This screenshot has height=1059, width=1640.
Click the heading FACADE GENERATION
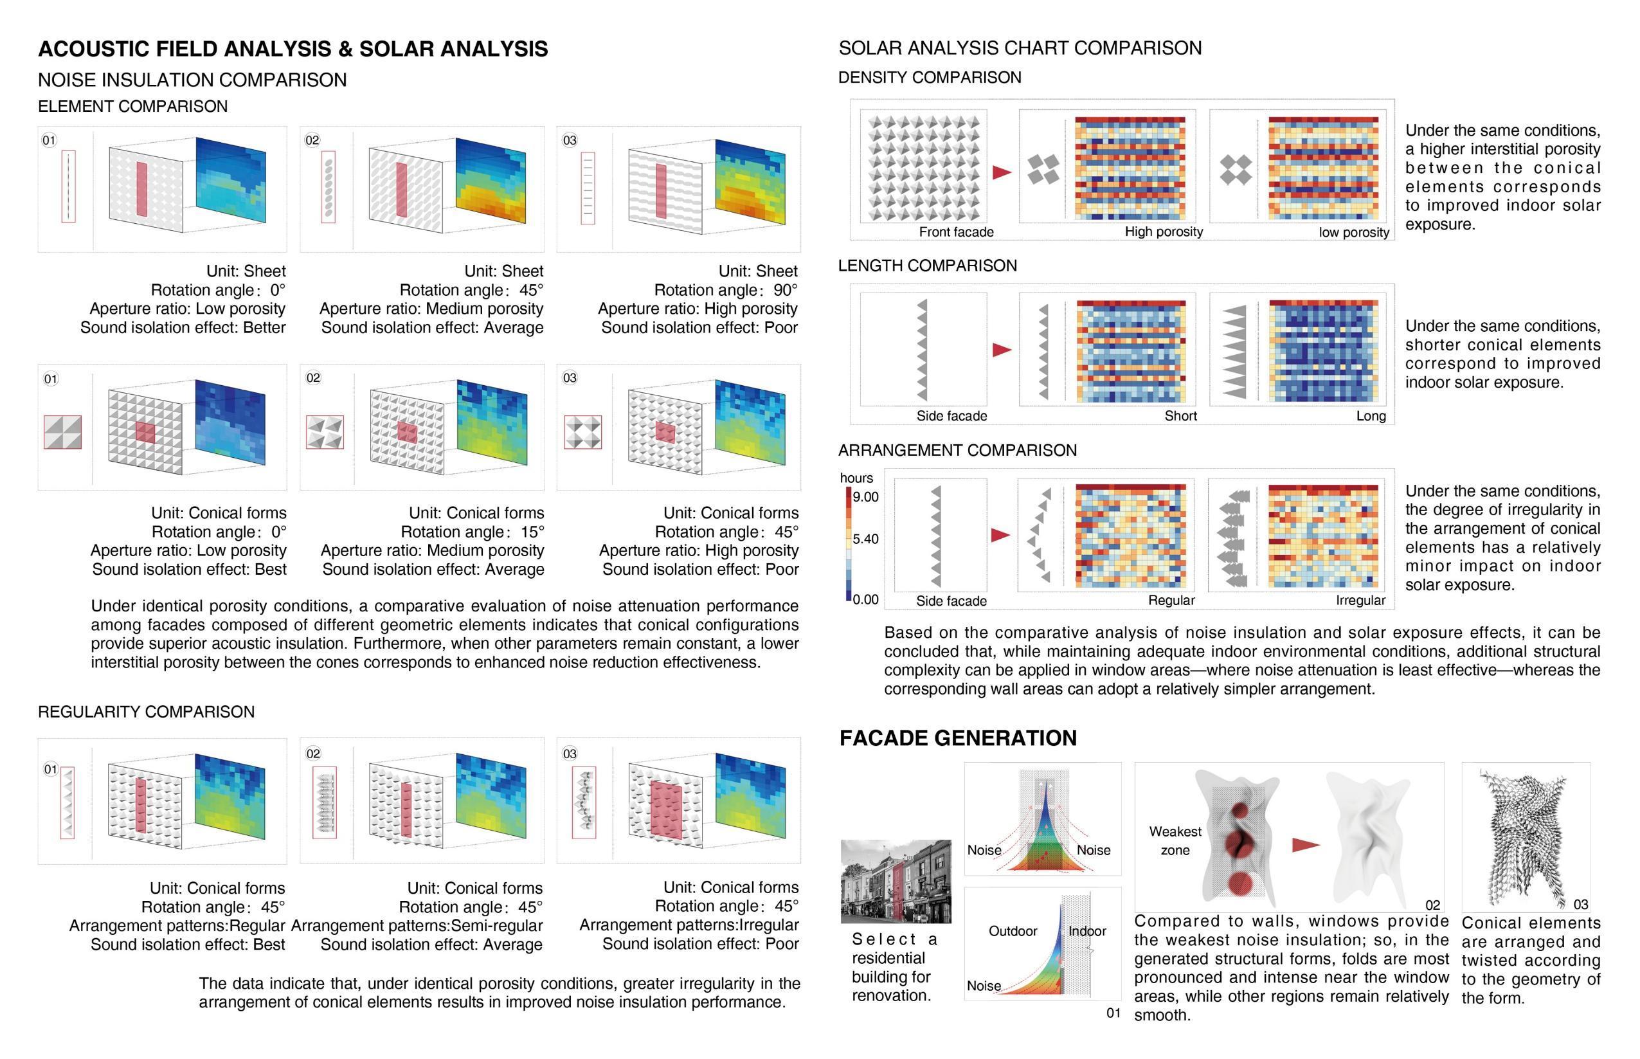coord(957,738)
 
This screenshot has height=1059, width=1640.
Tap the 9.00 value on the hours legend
coord(865,496)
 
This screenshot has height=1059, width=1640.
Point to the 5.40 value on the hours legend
coord(865,538)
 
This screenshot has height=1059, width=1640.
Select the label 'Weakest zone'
coord(1175,840)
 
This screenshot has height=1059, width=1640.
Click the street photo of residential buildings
coord(896,881)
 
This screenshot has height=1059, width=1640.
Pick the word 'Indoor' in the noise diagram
coord(1086,931)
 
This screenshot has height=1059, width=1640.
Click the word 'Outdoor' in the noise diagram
coord(1013,931)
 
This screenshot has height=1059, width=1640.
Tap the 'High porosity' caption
coord(1163,231)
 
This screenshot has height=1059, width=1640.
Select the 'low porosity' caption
coord(1353,232)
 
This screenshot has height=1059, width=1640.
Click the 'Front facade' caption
coord(955,231)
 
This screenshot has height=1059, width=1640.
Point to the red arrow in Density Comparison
coord(1002,172)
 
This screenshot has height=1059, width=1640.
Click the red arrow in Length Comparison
coord(1002,350)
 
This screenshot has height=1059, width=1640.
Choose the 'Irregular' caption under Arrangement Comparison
coord(1360,601)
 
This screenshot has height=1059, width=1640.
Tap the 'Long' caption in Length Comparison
coord(1371,416)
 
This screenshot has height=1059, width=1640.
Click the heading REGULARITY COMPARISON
coord(146,712)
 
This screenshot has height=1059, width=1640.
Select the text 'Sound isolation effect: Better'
coord(182,327)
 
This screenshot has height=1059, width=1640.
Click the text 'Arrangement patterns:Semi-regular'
coord(417,926)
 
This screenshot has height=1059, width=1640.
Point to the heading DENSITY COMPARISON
coord(929,78)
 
